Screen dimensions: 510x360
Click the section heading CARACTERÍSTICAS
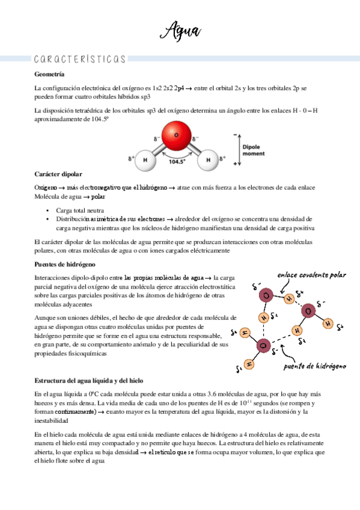[81, 59]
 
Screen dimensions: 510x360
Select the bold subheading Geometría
[51, 74]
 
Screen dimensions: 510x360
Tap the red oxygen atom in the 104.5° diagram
[177, 135]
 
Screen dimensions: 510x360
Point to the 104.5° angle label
[177, 162]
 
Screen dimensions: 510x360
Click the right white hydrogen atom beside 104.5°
[208, 161]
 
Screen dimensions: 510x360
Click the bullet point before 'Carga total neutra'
[47, 211]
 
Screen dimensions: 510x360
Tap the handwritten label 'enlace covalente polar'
[311, 275]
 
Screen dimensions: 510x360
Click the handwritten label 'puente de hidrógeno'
[315, 366]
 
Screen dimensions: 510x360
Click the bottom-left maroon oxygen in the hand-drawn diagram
[262, 345]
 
